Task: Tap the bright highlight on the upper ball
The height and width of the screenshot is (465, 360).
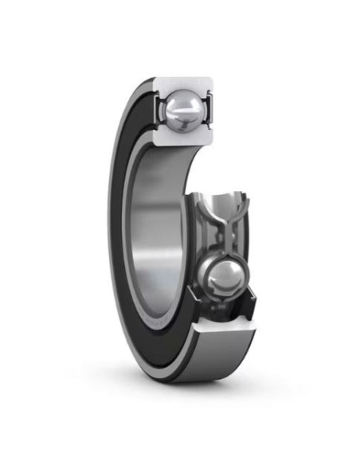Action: coord(182,104)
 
